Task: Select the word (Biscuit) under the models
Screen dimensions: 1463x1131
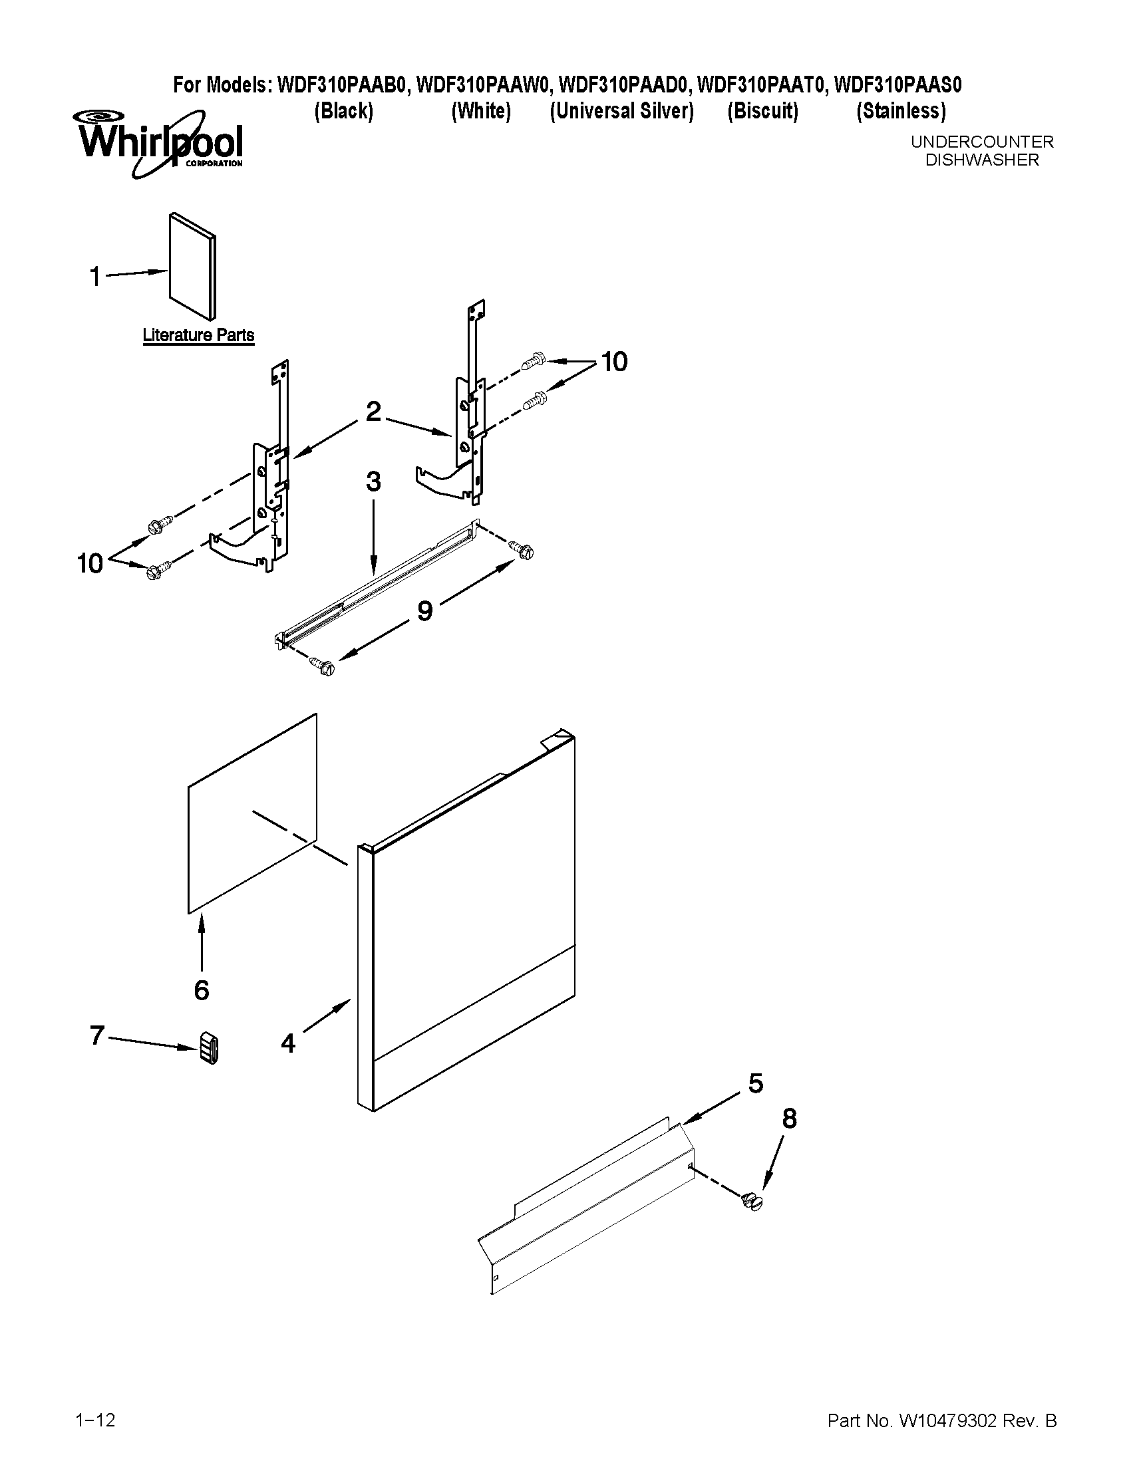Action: (762, 111)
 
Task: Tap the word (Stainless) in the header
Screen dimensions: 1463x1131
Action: (901, 111)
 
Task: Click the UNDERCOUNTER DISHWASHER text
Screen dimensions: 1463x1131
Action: (981, 151)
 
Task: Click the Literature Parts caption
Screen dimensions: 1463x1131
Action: (198, 335)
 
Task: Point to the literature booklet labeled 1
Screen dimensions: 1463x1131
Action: (193, 266)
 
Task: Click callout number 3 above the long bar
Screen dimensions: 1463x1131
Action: (373, 481)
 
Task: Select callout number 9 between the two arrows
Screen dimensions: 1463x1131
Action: (425, 610)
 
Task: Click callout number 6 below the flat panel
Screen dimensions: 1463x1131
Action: (202, 989)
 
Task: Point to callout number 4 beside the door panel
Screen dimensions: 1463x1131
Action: (288, 1043)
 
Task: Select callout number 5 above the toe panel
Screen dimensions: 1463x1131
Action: (755, 1083)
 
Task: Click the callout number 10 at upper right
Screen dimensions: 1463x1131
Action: (614, 362)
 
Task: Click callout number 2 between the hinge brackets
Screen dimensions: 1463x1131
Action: (373, 411)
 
